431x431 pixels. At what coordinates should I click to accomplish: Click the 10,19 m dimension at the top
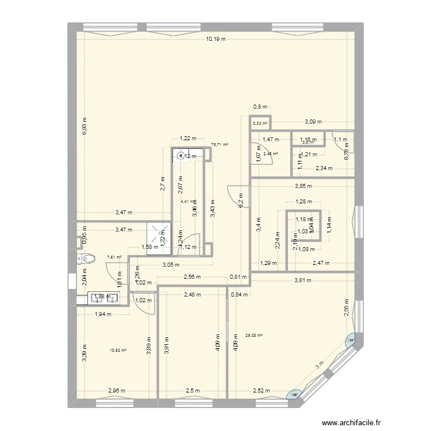[215, 39]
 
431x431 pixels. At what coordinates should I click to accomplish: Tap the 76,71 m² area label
[220, 145]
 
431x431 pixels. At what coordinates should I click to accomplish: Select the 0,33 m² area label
[260, 123]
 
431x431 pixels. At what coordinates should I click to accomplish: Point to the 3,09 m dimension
[313, 122]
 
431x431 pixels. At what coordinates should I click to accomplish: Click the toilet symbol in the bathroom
[81, 259]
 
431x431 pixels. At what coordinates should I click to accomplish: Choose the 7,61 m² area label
[114, 257]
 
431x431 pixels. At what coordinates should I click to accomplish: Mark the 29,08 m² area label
[253, 336]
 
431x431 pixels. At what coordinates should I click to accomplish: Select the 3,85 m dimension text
[304, 186]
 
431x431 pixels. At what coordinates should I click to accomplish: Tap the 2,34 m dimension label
[325, 168]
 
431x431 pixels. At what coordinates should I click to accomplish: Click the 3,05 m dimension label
[170, 265]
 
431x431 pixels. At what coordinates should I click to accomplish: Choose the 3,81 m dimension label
[303, 280]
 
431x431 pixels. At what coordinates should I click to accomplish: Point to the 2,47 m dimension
[321, 263]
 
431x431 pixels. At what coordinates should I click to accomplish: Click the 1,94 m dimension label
[103, 314]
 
